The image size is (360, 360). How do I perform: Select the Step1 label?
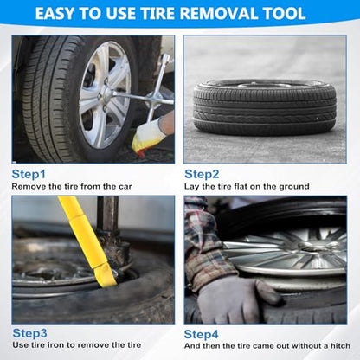[29, 175]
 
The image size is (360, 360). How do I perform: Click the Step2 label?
[202, 174]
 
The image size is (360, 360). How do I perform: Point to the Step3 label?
[29, 333]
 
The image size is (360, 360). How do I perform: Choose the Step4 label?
[201, 334]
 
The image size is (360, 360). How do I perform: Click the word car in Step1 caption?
[125, 187]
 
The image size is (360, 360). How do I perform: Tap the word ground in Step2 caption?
[294, 187]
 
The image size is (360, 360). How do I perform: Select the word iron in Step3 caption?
[55, 345]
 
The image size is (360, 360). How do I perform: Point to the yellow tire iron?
[88, 241]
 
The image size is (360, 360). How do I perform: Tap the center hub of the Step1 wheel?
[106, 93]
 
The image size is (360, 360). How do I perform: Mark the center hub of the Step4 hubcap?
[313, 246]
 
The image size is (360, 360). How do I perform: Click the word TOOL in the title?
[284, 14]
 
